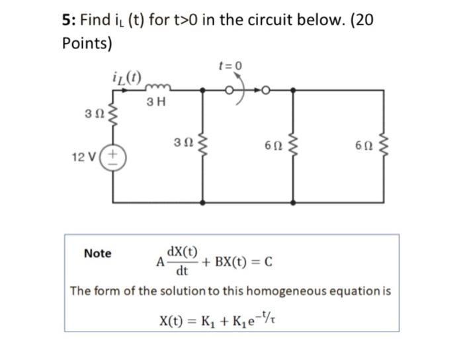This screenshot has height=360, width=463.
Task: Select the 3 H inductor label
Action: coord(157,102)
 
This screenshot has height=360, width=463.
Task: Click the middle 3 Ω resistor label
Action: coord(182,143)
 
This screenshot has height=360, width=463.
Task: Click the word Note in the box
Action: coord(98,253)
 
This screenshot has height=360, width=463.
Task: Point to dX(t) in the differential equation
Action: coord(182,251)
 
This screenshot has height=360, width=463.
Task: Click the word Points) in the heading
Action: coord(87,44)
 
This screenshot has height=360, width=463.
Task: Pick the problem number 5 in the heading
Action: coord(66,20)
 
